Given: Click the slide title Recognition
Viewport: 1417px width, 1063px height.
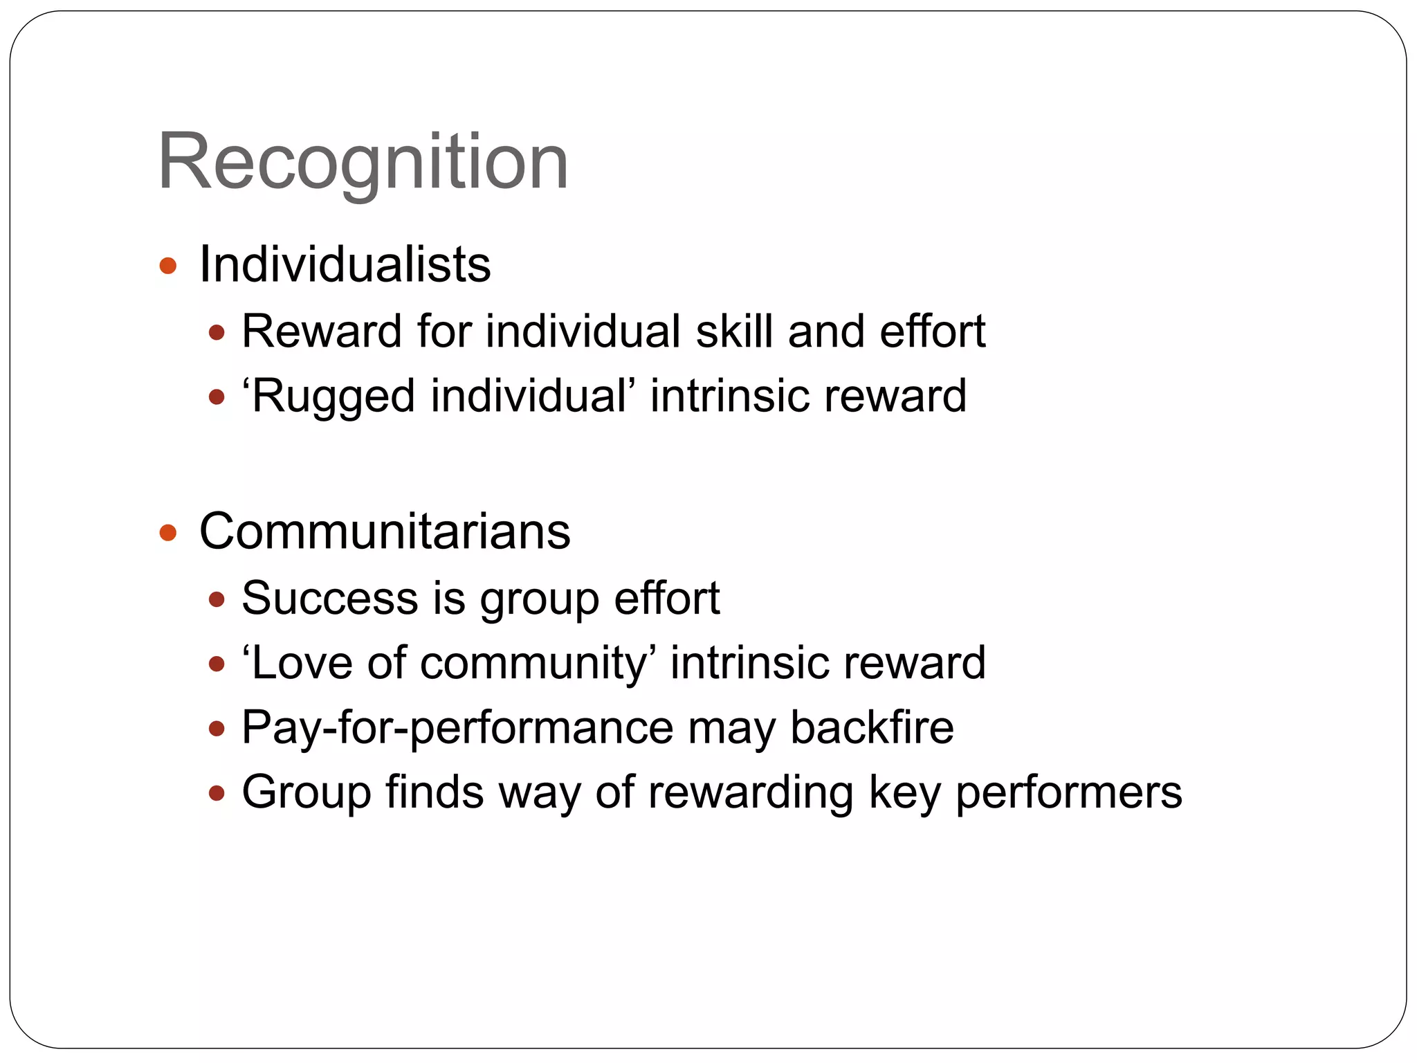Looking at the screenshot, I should [x=363, y=163].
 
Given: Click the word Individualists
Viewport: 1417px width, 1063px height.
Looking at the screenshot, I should [x=345, y=264].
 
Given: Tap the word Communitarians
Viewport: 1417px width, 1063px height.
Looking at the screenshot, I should [x=385, y=531].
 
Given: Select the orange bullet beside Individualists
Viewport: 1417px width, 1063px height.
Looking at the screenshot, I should [x=168, y=266].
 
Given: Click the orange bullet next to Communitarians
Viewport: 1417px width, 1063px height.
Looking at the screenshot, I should [x=168, y=533].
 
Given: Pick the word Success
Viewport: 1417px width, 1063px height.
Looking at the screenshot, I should [x=329, y=598].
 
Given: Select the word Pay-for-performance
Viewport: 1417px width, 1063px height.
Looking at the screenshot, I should [x=457, y=728].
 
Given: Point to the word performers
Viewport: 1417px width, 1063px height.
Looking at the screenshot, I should [x=1068, y=792].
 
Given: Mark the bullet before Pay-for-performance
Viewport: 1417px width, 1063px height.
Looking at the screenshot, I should [x=217, y=729].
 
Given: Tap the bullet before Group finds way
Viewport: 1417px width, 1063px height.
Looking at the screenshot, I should [x=217, y=793].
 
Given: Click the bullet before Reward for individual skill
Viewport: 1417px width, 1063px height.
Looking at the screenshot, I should [x=217, y=333].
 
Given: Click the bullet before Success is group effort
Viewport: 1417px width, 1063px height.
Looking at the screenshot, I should [x=217, y=599].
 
